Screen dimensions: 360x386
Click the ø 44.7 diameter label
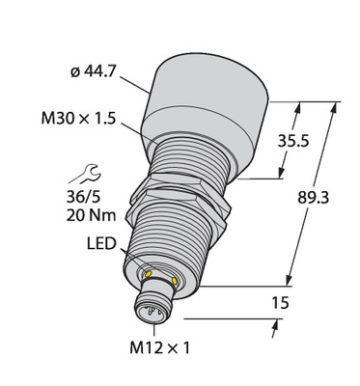(93, 71)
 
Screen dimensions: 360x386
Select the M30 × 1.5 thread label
(78, 119)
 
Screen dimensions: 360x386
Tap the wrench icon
(85, 174)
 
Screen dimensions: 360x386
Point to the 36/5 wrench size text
(82, 197)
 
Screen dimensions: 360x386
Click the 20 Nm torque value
(91, 215)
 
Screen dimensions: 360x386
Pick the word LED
(101, 244)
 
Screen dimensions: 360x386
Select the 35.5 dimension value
(293, 141)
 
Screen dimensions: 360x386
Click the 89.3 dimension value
(313, 198)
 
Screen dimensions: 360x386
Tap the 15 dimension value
(280, 303)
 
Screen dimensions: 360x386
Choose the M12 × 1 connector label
(159, 347)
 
